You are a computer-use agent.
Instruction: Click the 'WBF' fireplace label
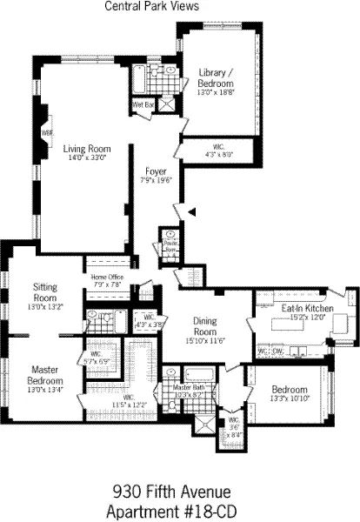click(47, 132)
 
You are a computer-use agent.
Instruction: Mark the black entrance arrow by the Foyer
click(194, 211)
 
